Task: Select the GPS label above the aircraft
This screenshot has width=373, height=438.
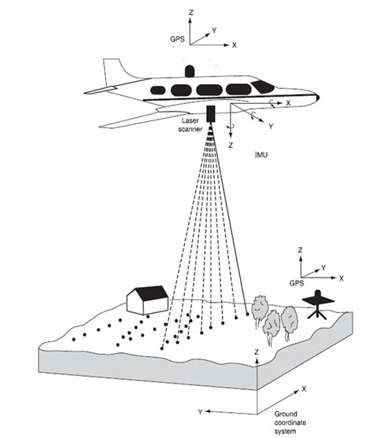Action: [x=176, y=37]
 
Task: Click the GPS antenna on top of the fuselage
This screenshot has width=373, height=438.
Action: [x=188, y=70]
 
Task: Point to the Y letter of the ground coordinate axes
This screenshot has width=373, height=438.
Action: [x=201, y=411]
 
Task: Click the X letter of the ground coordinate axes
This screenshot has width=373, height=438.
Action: [x=304, y=388]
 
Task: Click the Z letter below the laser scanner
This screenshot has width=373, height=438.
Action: [x=231, y=145]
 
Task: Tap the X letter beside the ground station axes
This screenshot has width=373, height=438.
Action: [x=342, y=278]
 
